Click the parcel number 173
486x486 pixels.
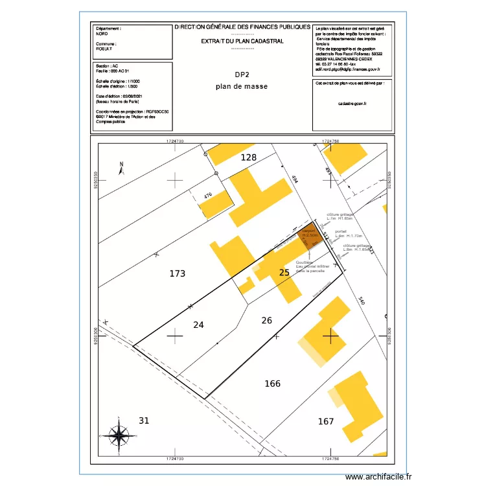click(178, 274)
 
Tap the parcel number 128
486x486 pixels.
click(249, 157)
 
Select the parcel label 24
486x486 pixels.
click(199, 325)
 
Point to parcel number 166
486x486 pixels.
click(273, 384)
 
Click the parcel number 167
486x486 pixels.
click(326, 422)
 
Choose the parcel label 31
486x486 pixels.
click(144, 421)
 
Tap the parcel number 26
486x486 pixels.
click(267, 320)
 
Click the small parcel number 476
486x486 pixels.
click(208, 196)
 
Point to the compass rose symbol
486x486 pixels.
click(119, 435)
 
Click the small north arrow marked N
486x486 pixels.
click(121, 168)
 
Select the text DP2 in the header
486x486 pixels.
click(242, 75)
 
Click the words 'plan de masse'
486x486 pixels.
click(242, 86)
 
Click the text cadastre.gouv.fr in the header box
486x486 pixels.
click(353, 103)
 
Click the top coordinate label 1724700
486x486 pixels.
click(175, 140)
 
